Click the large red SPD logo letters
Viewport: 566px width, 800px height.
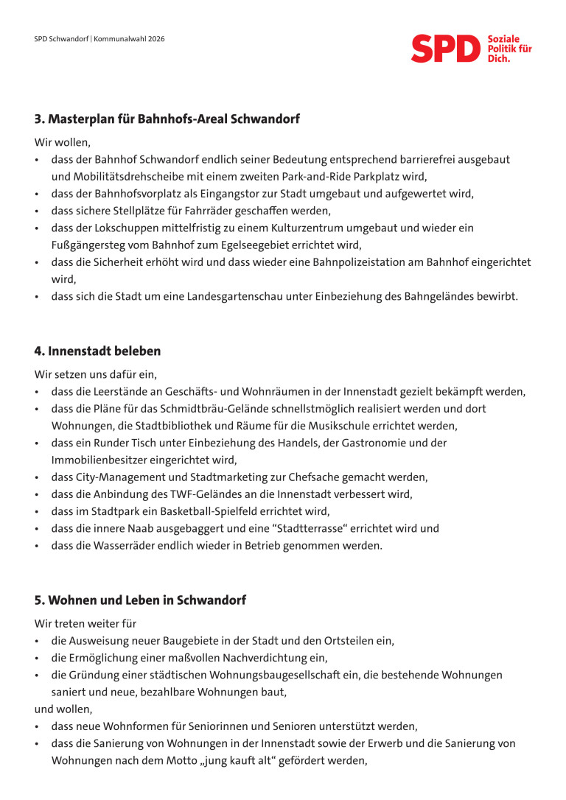pos(445,49)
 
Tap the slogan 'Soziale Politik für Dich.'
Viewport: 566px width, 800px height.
pos(509,48)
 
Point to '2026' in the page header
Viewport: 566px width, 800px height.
pos(155,38)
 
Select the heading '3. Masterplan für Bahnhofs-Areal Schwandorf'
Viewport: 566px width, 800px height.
pos(167,119)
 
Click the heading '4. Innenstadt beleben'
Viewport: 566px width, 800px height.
pos(97,351)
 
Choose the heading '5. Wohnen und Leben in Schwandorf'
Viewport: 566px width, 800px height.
pos(140,600)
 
